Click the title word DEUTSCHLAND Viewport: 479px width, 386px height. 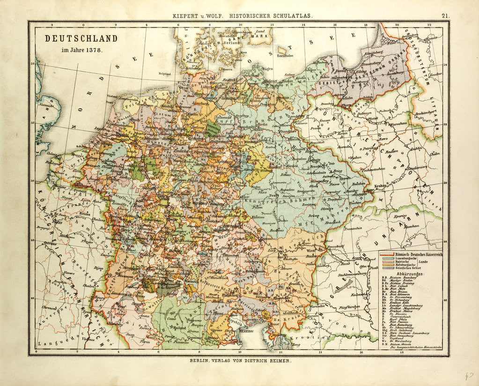point(81,38)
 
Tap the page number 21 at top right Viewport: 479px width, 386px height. point(444,15)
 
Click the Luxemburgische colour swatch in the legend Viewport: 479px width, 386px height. point(387,258)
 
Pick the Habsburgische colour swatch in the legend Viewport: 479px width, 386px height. point(387,266)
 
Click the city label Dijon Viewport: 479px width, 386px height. point(98,268)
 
